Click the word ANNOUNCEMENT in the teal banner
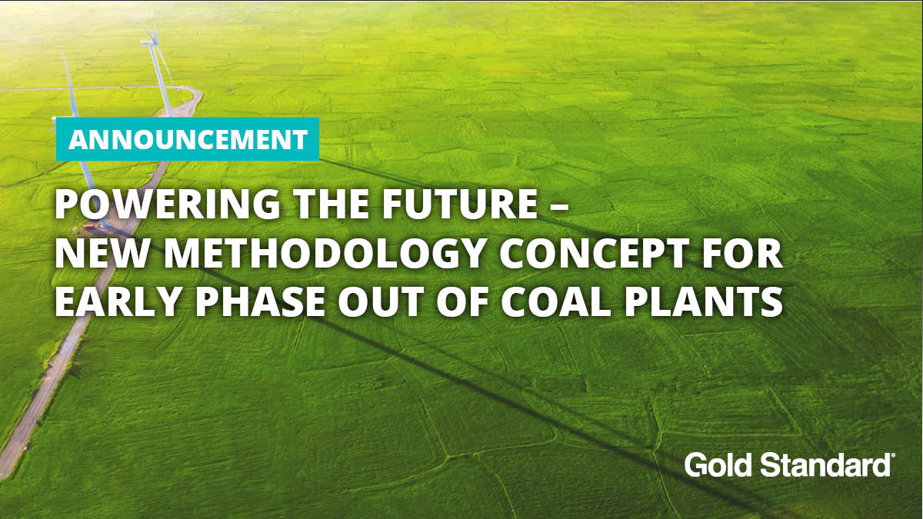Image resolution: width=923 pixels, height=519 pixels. (188, 140)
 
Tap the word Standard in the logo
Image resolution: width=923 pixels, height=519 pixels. (823, 465)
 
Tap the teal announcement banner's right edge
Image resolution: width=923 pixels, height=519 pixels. (318, 139)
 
